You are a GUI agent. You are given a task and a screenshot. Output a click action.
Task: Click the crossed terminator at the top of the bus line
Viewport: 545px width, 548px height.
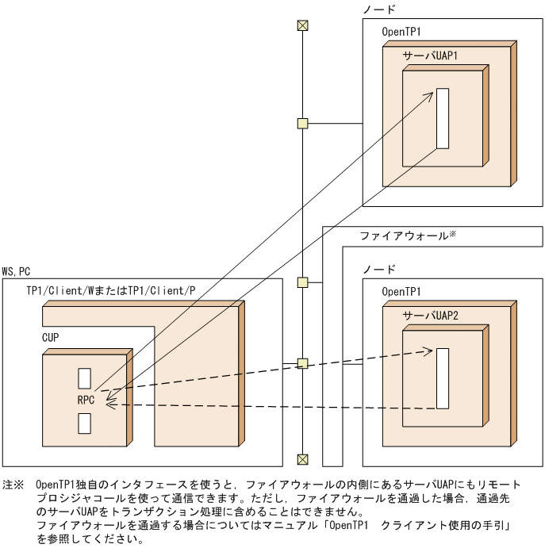point(301,25)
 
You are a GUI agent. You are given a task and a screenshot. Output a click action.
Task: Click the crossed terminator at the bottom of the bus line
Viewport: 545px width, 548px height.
point(301,459)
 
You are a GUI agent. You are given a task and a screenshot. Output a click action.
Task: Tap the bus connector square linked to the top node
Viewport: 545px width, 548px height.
point(301,123)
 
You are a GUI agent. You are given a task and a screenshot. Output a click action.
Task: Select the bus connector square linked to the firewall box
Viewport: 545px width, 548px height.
point(301,282)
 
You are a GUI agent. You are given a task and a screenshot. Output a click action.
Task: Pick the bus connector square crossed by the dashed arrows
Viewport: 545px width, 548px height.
point(301,363)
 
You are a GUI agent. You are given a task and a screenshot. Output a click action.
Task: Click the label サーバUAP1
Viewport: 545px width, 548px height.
point(431,57)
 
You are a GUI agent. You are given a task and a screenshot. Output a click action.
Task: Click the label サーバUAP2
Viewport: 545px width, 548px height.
point(431,315)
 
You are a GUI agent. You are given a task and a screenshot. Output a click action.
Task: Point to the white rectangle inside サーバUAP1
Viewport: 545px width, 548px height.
point(443,118)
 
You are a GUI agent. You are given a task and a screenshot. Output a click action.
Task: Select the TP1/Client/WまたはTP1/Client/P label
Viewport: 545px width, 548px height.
point(111,292)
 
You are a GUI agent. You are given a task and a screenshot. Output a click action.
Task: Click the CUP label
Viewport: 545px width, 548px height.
point(51,337)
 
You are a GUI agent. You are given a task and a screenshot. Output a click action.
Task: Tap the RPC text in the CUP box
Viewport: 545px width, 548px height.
point(86,400)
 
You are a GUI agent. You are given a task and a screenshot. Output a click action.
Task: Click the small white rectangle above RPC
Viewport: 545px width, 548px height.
point(84,377)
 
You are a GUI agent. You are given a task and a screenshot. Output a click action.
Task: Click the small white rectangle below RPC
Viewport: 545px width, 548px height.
point(84,423)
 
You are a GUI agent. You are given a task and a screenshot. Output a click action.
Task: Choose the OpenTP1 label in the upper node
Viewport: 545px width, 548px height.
point(401,32)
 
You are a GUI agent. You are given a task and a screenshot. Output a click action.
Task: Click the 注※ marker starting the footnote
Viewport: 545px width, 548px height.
point(13,483)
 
